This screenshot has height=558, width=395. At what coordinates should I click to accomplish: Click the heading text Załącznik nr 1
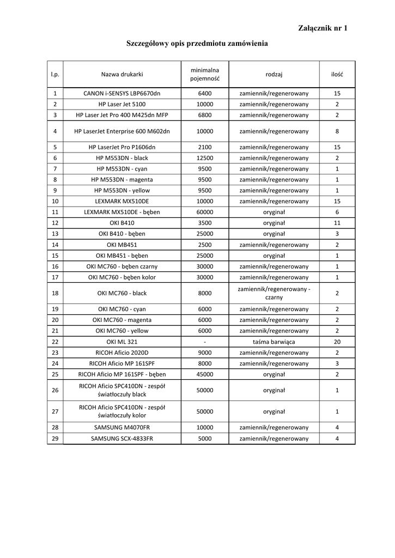(x=323, y=28)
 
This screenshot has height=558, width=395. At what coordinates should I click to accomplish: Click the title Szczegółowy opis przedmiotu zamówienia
(x=197, y=43)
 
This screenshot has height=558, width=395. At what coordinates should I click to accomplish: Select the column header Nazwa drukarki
(x=122, y=74)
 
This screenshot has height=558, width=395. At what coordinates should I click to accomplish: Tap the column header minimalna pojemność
(x=205, y=74)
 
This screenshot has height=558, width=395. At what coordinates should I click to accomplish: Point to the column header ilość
(x=337, y=74)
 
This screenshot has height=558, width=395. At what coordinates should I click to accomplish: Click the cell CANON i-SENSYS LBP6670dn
(x=122, y=93)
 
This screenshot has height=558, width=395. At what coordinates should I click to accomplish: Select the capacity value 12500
(x=205, y=158)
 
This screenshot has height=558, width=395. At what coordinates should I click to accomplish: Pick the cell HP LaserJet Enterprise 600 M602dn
(x=122, y=131)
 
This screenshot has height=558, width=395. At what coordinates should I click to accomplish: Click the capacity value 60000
(x=205, y=212)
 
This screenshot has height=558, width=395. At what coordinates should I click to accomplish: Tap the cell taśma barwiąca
(x=274, y=342)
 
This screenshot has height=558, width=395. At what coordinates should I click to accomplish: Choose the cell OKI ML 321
(x=122, y=342)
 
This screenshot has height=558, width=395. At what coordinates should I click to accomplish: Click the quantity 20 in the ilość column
(x=337, y=342)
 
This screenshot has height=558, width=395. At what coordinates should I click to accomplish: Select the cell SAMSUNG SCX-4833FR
(x=122, y=439)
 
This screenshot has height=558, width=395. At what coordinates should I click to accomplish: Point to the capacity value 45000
(x=205, y=374)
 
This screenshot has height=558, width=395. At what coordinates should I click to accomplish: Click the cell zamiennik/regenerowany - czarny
(x=274, y=293)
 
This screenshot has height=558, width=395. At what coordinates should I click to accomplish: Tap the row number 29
(x=55, y=439)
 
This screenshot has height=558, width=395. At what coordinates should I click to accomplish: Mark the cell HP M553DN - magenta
(x=122, y=180)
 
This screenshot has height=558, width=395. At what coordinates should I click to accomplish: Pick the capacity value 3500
(x=205, y=223)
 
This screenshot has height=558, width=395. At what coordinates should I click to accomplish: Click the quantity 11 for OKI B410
(x=337, y=223)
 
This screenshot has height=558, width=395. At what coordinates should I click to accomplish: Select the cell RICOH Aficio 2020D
(x=122, y=353)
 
